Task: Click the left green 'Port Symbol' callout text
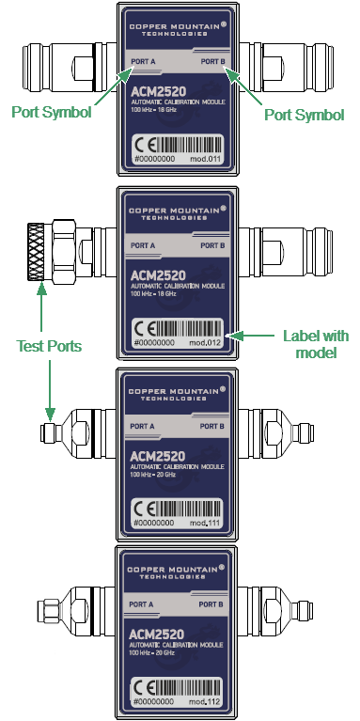[x=51, y=113]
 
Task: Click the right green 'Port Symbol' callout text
[x=304, y=114]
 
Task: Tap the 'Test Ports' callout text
[x=49, y=346]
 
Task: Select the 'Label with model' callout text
[x=315, y=344]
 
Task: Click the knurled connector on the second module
[x=39, y=252]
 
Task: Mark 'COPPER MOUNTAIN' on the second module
[x=176, y=207]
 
